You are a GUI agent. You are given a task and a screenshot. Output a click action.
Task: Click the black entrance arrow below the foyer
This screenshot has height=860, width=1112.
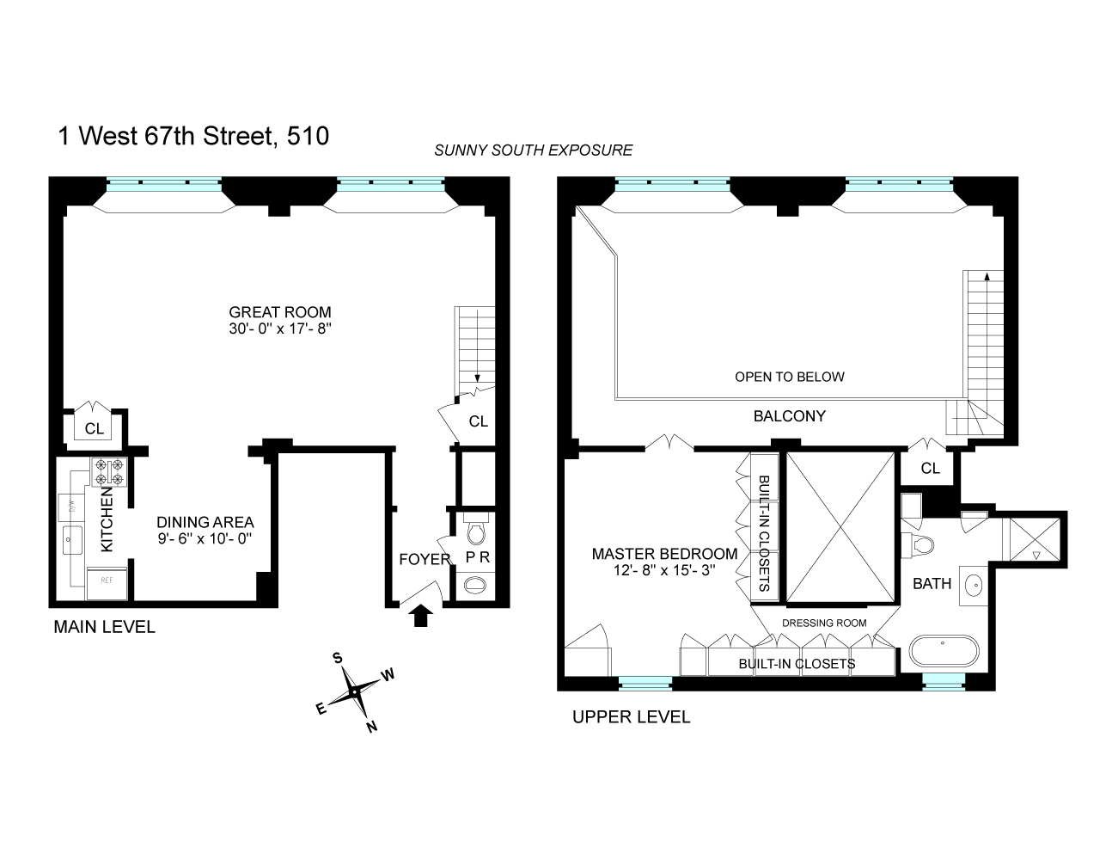[420, 615]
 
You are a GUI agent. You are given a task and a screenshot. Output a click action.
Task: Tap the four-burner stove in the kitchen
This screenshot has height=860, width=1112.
[109, 472]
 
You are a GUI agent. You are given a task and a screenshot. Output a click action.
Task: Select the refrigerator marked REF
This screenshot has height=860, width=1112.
[107, 583]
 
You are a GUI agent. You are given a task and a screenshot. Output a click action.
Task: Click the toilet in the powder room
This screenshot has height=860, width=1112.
[475, 531]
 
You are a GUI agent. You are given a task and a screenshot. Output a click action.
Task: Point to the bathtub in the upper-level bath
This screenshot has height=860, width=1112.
[944, 651]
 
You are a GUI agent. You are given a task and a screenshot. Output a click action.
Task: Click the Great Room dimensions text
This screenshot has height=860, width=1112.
[280, 329]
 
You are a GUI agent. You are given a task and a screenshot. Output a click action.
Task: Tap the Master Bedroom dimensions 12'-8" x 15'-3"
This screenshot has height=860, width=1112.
[664, 569]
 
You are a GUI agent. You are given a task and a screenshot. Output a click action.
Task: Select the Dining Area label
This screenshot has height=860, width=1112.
[205, 522]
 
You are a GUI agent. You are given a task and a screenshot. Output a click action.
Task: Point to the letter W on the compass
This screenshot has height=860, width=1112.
[388, 674]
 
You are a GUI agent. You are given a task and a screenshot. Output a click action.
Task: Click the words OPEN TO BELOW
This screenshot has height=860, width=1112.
[790, 377]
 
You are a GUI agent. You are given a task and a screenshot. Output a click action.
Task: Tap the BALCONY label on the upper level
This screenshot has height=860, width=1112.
[790, 416]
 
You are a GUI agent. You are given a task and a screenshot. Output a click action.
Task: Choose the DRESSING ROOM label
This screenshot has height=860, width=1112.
[824, 623]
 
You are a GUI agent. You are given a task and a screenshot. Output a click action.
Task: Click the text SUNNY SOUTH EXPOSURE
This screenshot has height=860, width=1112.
[534, 150]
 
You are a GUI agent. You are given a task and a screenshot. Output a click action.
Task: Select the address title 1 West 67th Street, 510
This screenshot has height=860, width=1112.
[193, 136]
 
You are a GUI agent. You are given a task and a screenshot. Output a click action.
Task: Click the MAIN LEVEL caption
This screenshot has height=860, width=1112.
[104, 627]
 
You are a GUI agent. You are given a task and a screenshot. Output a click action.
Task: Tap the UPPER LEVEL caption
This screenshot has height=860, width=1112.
[632, 717]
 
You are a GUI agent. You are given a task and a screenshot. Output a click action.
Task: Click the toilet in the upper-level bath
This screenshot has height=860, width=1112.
[918, 544]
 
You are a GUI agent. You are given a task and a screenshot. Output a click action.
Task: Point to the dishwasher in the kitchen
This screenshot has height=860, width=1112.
[71, 507]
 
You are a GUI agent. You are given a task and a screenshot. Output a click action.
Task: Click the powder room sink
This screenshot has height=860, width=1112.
[475, 585]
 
